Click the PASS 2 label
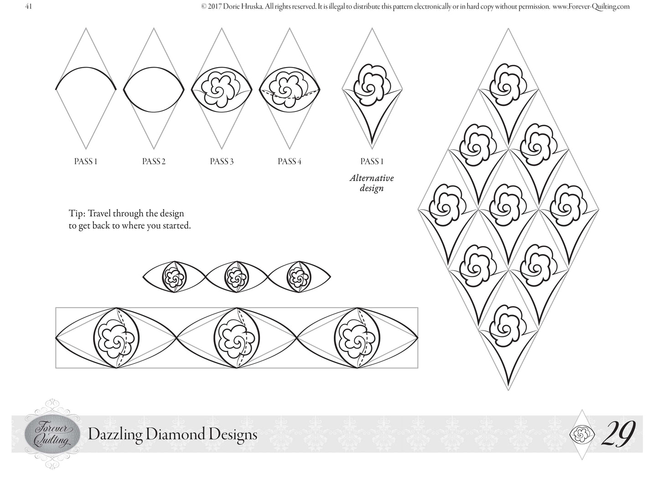pyautogui.click(x=154, y=161)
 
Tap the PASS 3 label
pyautogui.click(x=222, y=161)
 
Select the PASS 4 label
pyautogui.click(x=289, y=161)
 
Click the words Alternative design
pyautogui.click(x=372, y=183)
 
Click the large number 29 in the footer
pyautogui.click(x=618, y=433)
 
